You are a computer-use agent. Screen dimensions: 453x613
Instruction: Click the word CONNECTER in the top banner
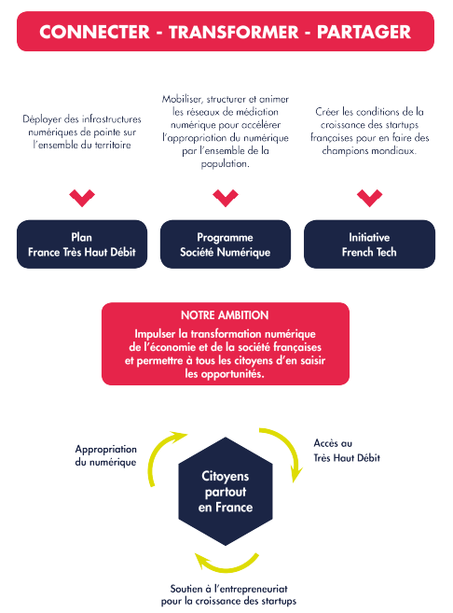point(94,32)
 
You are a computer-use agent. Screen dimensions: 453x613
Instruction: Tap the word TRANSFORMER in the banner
point(234,32)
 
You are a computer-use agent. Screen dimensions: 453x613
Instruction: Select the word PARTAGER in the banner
point(364,32)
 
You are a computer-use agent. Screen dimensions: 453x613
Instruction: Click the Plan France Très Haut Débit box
point(82,244)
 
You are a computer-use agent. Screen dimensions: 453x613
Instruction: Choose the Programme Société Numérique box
point(226,244)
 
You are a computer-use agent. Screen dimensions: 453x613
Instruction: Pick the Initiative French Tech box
point(369,244)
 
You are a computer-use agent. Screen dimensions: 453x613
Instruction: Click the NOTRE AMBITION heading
point(225,315)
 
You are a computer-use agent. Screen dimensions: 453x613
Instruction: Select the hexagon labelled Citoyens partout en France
point(226,492)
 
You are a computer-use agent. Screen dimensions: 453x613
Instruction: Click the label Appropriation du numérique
point(106,455)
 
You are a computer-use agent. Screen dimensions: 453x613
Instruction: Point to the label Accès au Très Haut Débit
point(347,451)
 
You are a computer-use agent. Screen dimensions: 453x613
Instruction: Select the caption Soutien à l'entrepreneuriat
point(229,589)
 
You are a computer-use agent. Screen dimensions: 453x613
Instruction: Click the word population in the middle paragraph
point(225,164)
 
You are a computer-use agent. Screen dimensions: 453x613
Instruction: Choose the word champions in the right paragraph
point(344,151)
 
